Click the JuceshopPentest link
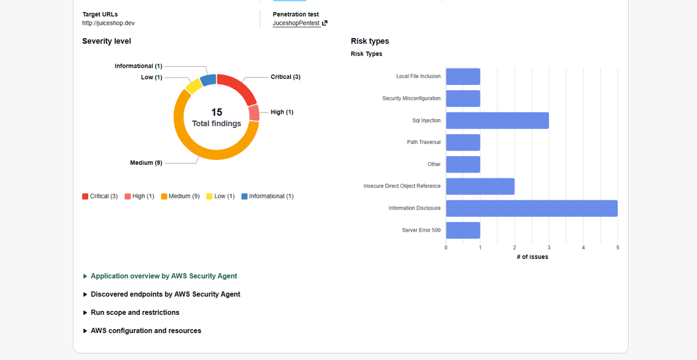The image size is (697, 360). click(x=297, y=23)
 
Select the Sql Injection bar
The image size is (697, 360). click(x=497, y=120)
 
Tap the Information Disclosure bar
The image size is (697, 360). click(x=532, y=208)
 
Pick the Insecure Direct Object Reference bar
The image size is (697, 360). click(x=480, y=186)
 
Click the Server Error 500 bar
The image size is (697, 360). click(x=463, y=230)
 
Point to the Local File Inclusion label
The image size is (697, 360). click(x=418, y=77)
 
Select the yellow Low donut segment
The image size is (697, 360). click(x=193, y=86)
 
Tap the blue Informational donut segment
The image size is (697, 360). click(x=208, y=80)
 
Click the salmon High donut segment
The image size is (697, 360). click(x=254, y=113)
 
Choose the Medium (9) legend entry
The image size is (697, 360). click(x=180, y=196)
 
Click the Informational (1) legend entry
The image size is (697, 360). click(x=267, y=196)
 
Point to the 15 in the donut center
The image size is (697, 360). click(x=217, y=112)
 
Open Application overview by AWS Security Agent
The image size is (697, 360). click(x=164, y=276)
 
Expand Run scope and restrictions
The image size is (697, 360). click(x=135, y=313)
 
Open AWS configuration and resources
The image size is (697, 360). click(x=146, y=331)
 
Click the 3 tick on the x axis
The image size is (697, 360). click(x=549, y=248)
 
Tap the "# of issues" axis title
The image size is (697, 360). click(x=532, y=257)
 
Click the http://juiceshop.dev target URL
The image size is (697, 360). click(x=108, y=23)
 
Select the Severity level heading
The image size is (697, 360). click(x=106, y=41)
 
